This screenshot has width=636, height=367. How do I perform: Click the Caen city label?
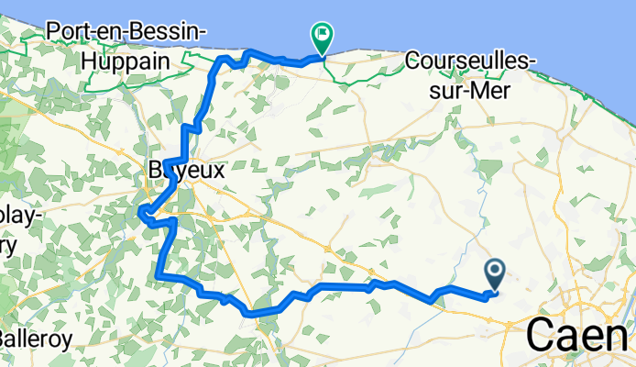tap(580, 337)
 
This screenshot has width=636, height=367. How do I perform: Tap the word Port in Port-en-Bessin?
tap(71, 31)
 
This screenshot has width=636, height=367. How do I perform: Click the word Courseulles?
tap(466, 61)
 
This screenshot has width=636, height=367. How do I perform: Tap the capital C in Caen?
tap(542, 337)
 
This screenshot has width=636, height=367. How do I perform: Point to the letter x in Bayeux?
tap(218, 172)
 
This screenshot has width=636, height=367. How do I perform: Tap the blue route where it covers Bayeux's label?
tap(169, 170)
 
